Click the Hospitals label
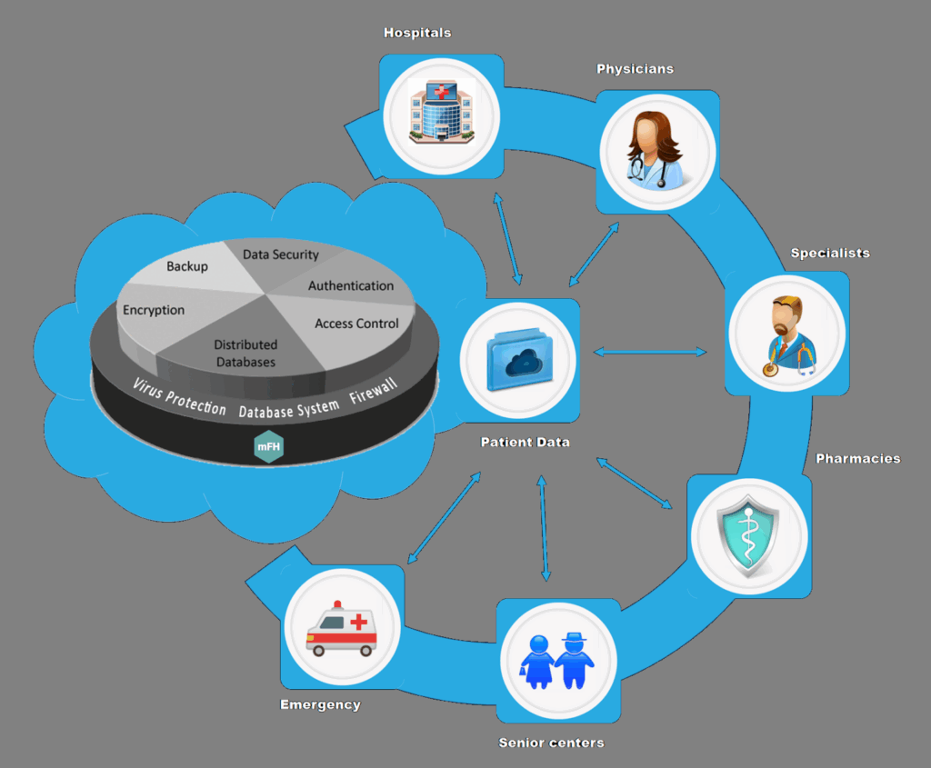coord(417,33)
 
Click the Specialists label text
coord(829,253)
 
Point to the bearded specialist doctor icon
coord(786,334)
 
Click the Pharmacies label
coord(857,458)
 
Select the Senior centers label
coord(551,743)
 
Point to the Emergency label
coord(320,704)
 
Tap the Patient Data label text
coord(525,443)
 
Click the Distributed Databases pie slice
coord(245,353)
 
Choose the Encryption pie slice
coord(154,310)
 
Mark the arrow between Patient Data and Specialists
coord(649,352)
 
